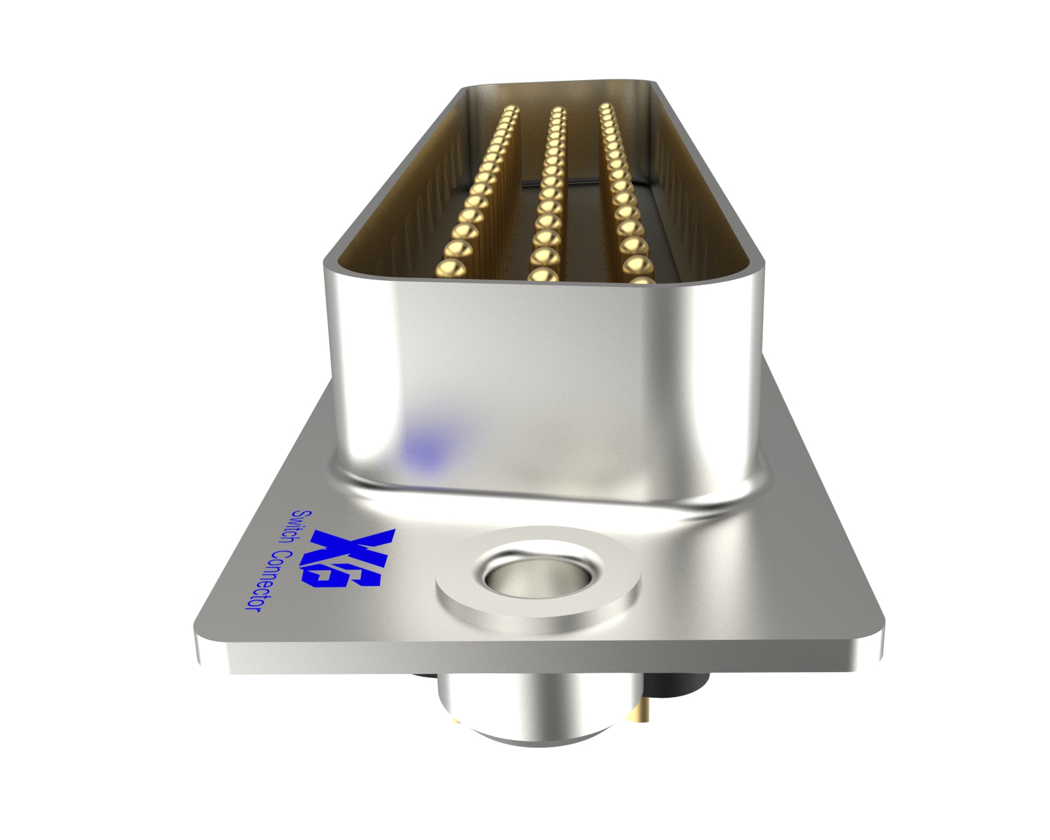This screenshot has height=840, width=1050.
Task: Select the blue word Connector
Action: (x=262, y=581)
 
